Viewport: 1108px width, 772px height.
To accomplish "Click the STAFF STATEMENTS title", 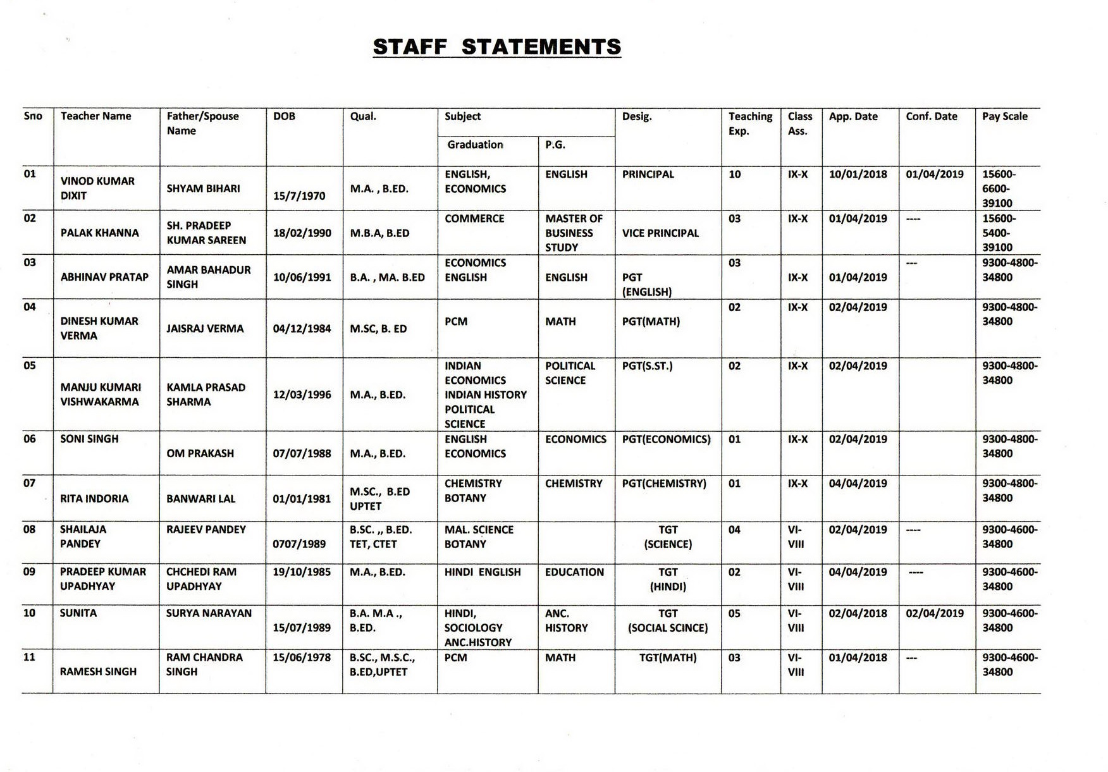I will pyautogui.click(x=496, y=47).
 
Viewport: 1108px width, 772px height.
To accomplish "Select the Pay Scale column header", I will pyautogui.click(x=1004, y=116).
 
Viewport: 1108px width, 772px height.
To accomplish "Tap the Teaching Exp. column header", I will pyautogui.click(x=750, y=123).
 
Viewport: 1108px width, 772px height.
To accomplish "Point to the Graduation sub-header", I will pyautogui.click(x=475, y=145).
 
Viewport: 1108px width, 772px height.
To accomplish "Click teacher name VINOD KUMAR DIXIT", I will pyautogui.click(x=97, y=188).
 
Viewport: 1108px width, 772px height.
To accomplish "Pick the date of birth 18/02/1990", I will pyautogui.click(x=302, y=233).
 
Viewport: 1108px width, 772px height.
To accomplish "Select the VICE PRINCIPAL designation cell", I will pyautogui.click(x=660, y=233).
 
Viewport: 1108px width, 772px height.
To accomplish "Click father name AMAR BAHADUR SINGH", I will pyautogui.click(x=208, y=277).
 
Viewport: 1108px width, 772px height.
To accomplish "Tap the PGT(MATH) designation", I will pyautogui.click(x=651, y=321).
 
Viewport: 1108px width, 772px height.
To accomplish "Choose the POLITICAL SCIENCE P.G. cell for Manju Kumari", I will pyautogui.click(x=570, y=373).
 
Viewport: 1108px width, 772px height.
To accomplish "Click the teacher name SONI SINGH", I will pyautogui.click(x=89, y=439).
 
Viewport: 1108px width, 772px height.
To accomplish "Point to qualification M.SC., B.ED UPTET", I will pyautogui.click(x=379, y=499).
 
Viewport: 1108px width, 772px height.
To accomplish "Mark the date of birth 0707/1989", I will pyautogui.click(x=299, y=544).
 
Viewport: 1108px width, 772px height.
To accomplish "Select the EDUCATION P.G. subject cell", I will pyautogui.click(x=574, y=572).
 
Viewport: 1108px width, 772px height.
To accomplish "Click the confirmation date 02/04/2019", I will pyautogui.click(x=934, y=613).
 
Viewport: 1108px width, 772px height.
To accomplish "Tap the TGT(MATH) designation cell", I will pyautogui.click(x=667, y=658).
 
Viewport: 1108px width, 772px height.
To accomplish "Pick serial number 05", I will pyautogui.click(x=30, y=365).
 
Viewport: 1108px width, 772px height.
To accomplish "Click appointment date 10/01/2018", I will pyautogui.click(x=858, y=175).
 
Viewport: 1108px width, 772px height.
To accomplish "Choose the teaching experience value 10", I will pyautogui.click(x=734, y=175).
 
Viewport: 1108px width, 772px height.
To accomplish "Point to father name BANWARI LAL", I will pyautogui.click(x=200, y=499).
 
